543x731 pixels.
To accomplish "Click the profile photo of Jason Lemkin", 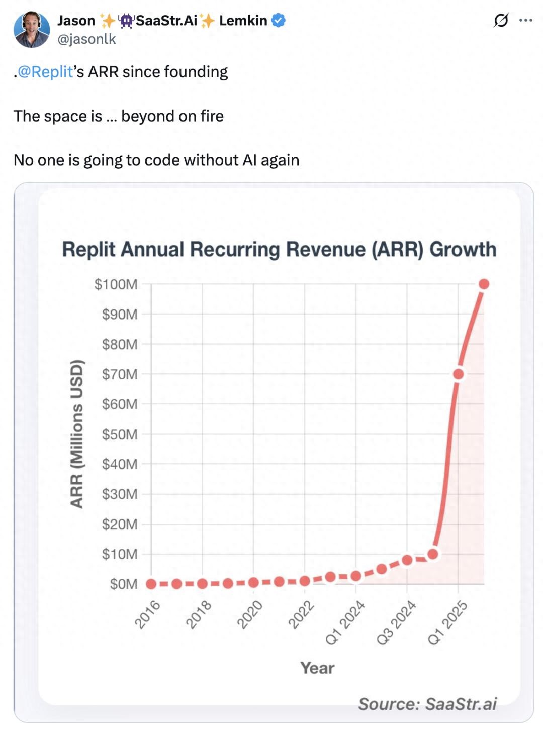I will pyautogui.click(x=31, y=29).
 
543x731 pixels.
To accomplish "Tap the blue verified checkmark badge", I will pyautogui.click(x=279, y=21).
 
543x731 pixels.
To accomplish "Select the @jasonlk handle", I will pyautogui.click(x=86, y=39).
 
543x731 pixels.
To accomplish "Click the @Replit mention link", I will pyautogui.click(x=45, y=72).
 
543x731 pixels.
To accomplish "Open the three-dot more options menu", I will pyautogui.click(x=525, y=20).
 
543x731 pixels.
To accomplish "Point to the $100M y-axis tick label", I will pyautogui.click(x=116, y=284).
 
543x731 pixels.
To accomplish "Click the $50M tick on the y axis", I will pyautogui.click(x=120, y=434).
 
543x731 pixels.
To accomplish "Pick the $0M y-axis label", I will pyautogui.click(x=124, y=584).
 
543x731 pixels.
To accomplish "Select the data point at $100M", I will pyautogui.click(x=484, y=284).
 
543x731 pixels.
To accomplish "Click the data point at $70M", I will pyautogui.click(x=458, y=374).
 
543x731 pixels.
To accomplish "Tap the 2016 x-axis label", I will pyautogui.click(x=147, y=614).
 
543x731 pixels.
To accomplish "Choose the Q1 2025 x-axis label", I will pyautogui.click(x=448, y=622).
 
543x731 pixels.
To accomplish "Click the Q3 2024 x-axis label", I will pyautogui.click(x=397, y=622).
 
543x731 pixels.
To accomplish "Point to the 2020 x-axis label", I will pyautogui.click(x=250, y=614).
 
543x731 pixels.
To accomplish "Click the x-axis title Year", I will pyautogui.click(x=317, y=668).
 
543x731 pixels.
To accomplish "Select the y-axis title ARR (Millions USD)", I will pyautogui.click(x=76, y=434).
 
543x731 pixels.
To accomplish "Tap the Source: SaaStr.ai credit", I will pyautogui.click(x=427, y=704).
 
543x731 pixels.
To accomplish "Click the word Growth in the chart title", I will pyautogui.click(x=463, y=249).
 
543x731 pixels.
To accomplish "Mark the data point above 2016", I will pyautogui.click(x=151, y=584).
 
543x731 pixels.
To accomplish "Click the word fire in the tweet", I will pyautogui.click(x=212, y=116).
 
